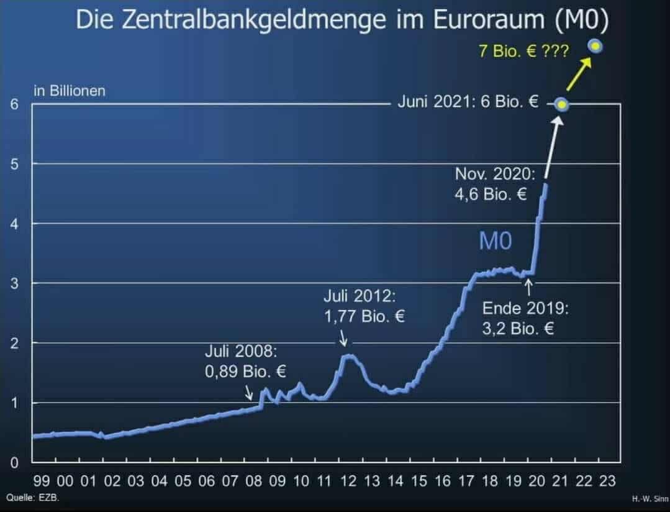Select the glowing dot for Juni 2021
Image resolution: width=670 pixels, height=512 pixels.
(562, 105)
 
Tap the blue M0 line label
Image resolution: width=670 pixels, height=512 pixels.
(495, 242)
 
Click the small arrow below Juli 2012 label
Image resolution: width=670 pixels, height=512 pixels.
(343, 341)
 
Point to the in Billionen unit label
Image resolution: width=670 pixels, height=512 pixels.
(70, 91)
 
